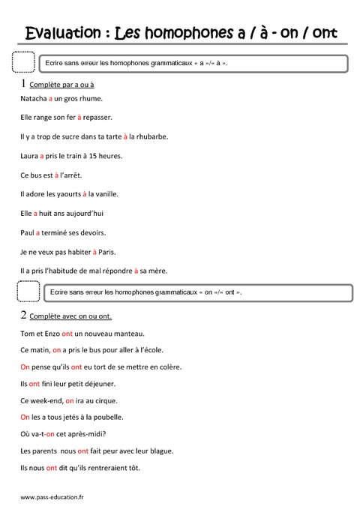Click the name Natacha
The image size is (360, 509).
pyautogui.click(x=32, y=97)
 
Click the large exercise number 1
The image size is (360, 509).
pyautogui.click(x=25, y=83)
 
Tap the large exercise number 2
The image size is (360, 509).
pyautogui.click(x=25, y=315)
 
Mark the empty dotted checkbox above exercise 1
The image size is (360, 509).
pyautogui.click(x=24, y=62)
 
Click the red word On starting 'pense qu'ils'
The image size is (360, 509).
pyautogui.click(x=25, y=367)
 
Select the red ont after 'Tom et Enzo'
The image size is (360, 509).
pyautogui.click(x=67, y=333)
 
